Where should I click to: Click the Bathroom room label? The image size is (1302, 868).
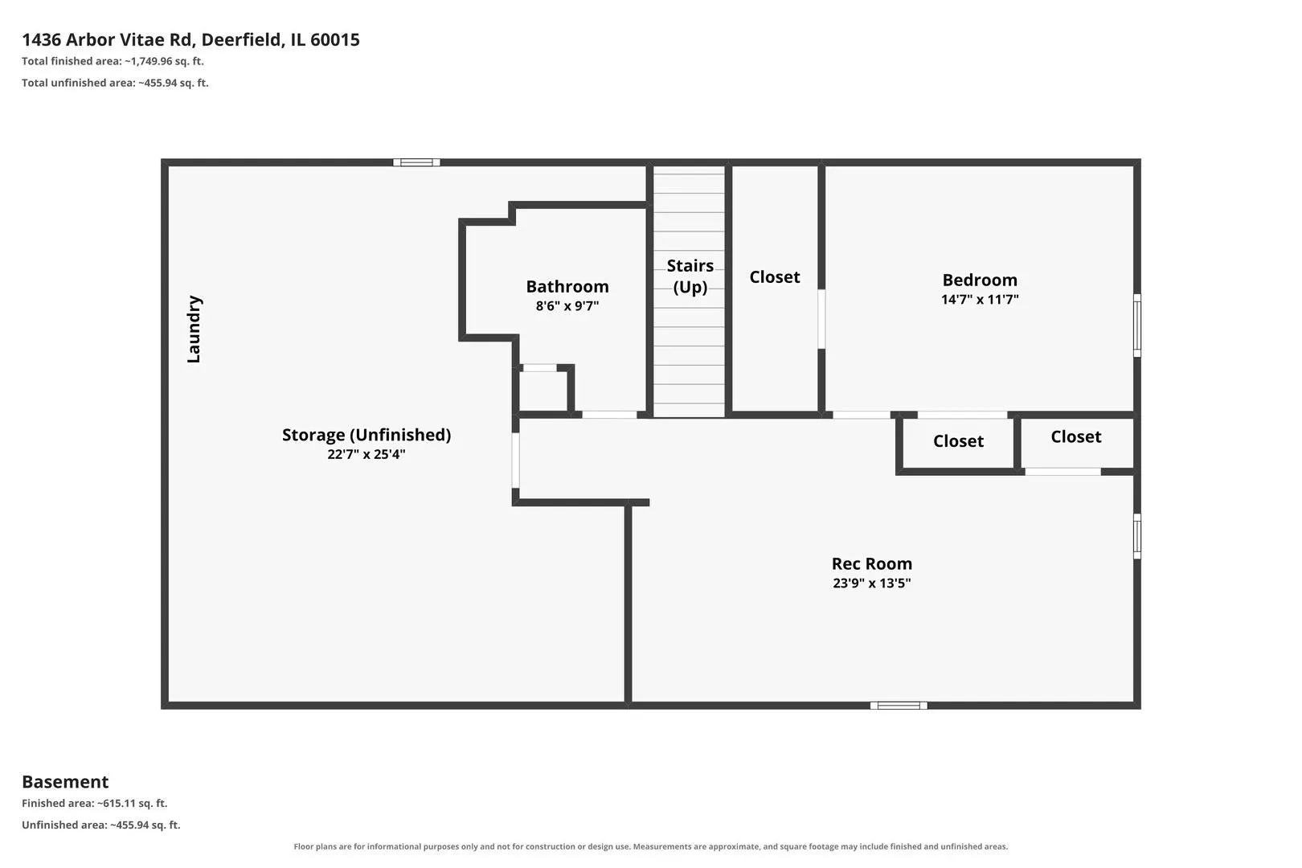click(567, 286)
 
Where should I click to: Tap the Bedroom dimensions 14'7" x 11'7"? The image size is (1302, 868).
click(980, 300)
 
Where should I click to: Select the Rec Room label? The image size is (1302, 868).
click(871, 563)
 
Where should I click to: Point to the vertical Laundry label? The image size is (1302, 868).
click(194, 329)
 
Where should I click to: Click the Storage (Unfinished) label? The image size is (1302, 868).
click(366, 435)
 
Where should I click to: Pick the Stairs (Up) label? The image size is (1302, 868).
click(690, 276)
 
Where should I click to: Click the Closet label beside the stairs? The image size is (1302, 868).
click(774, 276)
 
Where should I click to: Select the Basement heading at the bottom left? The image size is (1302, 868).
click(65, 781)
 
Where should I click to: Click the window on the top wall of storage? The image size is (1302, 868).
click(416, 162)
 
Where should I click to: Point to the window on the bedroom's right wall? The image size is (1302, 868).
click(1137, 325)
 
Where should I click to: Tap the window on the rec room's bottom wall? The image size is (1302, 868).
click(899, 705)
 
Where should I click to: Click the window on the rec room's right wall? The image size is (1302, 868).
click(1137, 536)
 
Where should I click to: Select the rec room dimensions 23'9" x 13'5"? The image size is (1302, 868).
click(871, 583)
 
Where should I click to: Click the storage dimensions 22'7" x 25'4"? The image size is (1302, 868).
click(366, 454)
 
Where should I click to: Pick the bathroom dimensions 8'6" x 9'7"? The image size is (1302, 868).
click(567, 305)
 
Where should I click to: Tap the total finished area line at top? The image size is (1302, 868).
click(113, 61)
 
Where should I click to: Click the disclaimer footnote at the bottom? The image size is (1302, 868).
click(650, 846)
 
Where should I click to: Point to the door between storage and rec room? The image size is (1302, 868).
click(515, 461)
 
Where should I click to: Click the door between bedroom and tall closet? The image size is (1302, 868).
click(821, 319)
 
